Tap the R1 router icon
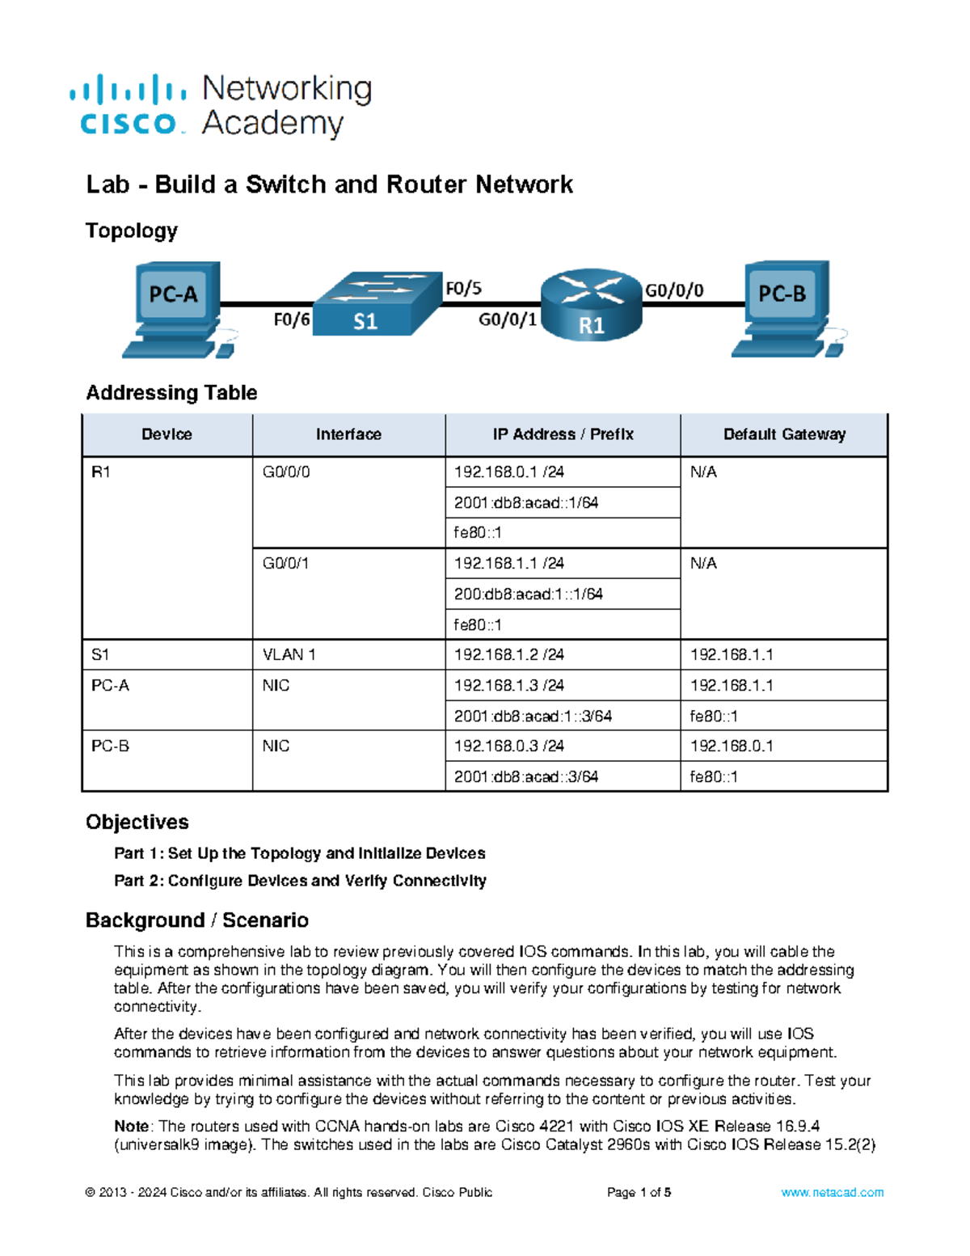(591, 304)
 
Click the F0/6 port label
(291, 320)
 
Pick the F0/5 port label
(463, 288)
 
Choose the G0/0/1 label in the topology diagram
(507, 320)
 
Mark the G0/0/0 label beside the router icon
(674, 290)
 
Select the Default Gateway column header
(784, 434)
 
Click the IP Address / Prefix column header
(563, 434)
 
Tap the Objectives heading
(137, 822)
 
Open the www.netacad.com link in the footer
(832, 1192)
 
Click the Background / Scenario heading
(197, 920)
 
